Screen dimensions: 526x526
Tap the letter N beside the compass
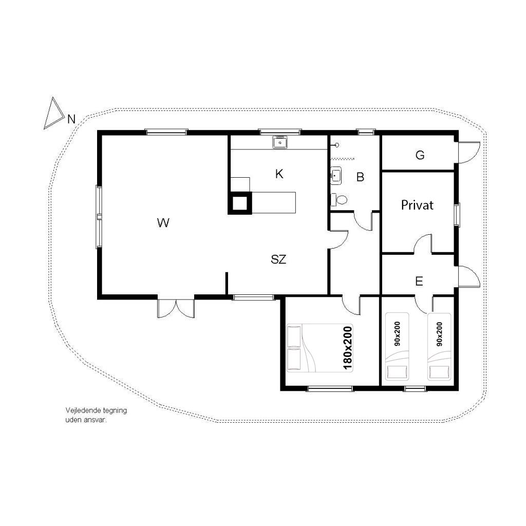(71, 119)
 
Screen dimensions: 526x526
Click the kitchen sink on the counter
(280, 142)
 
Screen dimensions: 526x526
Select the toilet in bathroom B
(339, 200)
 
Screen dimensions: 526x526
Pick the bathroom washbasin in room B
(336, 176)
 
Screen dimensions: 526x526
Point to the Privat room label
(417, 205)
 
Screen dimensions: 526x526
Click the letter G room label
(420, 155)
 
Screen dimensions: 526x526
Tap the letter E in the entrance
(419, 281)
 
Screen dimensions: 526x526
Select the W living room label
(163, 222)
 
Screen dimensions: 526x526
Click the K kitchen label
(279, 174)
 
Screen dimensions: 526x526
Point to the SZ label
(278, 259)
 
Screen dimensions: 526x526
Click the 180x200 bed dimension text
(348, 348)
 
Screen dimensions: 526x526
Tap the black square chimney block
(240, 203)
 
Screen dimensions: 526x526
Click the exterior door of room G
(468, 153)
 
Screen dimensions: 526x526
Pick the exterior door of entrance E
(469, 276)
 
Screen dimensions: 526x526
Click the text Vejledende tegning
(96, 410)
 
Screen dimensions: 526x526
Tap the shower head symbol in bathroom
(336, 145)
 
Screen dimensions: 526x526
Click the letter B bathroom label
(360, 177)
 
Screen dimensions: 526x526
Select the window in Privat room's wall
(457, 214)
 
